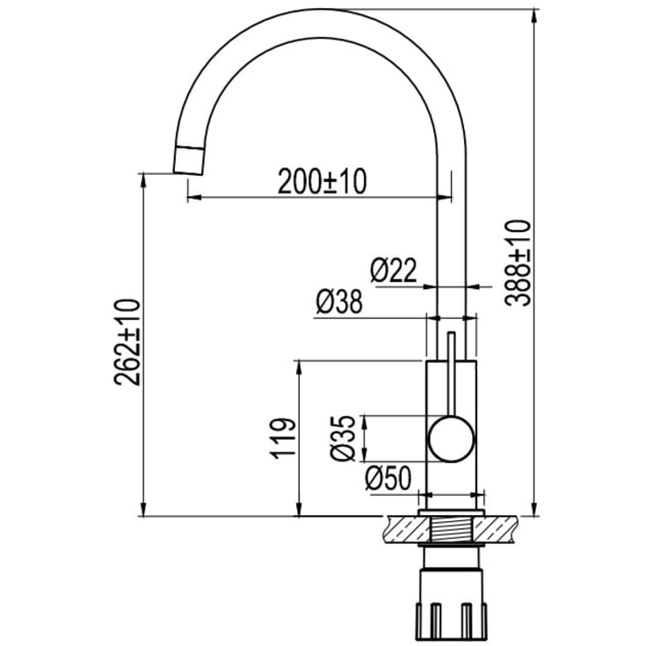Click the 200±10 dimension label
pyautogui.click(x=323, y=182)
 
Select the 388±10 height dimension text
pyautogui.click(x=518, y=263)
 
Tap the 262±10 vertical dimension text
pyautogui.click(x=127, y=343)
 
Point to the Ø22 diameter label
pyautogui.click(x=394, y=271)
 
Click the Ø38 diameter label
pyautogui.click(x=339, y=301)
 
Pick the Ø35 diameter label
pyautogui.click(x=343, y=438)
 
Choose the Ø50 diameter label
pyautogui.click(x=388, y=478)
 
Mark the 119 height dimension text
pyautogui.click(x=283, y=439)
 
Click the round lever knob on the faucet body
pyautogui.click(x=452, y=439)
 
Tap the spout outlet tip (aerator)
pyautogui.click(x=189, y=160)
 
